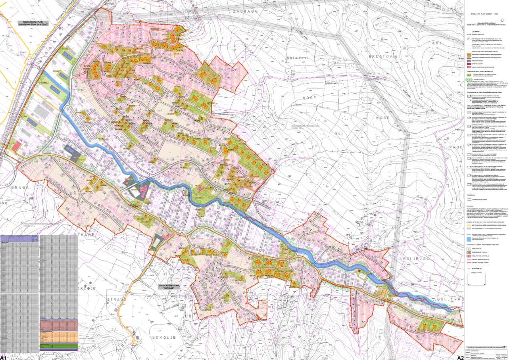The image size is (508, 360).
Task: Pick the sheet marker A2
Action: pyautogui.click(x=460, y=357)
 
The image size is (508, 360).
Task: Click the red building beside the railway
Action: pyautogui.click(x=15, y=146)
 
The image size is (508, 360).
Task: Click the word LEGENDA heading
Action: pyautogui.click(x=476, y=31)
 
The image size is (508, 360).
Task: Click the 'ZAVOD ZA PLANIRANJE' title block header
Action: pyautogui.click(x=486, y=346)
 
